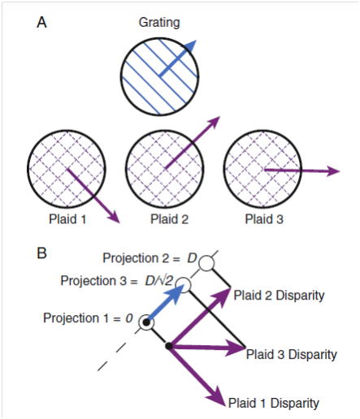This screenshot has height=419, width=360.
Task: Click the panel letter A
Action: point(41,23)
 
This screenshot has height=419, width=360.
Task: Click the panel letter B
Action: point(41,253)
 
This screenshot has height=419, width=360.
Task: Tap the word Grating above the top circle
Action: point(159,23)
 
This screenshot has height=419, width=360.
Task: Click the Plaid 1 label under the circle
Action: point(67,219)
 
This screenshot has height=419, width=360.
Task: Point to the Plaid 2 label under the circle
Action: point(169,219)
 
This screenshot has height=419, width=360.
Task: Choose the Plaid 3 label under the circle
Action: point(264,219)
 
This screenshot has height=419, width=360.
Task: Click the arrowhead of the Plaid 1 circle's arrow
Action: point(114,217)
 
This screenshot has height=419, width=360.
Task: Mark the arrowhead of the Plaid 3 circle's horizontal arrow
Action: point(333,171)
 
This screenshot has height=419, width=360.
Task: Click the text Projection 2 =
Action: point(141,258)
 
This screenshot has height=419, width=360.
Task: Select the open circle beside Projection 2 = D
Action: point(206,263)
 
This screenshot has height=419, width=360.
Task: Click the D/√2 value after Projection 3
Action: point(158,281)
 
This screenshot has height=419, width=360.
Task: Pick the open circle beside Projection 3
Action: point(184,285)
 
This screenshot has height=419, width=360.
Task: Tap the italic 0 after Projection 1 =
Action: point(129,318)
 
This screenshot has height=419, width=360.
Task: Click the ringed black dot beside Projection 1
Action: point(146,322)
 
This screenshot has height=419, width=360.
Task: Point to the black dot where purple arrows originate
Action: point(169,346)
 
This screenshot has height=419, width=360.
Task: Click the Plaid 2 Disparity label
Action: point(279,296)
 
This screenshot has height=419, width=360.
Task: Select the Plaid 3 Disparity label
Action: point(292,354)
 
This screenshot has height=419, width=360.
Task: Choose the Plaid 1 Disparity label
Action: point(274,403)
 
